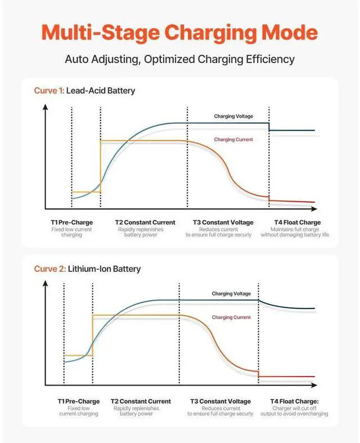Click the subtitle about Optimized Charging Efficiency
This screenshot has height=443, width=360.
pos(180,59)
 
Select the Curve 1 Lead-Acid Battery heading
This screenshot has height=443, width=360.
pos(84,91)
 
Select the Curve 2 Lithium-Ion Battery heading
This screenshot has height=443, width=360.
pos(87,269)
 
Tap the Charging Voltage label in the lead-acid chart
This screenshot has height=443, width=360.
pos(233,117)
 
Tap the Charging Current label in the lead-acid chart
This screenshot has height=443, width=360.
pos(233,140)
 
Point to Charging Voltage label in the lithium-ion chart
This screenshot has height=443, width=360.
pos(231,294)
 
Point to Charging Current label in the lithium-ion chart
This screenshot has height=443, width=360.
pos(231,317)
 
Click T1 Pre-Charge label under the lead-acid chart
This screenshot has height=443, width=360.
pos(71,222)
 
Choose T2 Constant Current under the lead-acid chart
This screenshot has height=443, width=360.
pos(145,222)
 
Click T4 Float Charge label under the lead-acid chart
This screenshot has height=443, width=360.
pos(297,222)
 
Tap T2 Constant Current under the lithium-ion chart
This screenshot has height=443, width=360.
pos(141,401)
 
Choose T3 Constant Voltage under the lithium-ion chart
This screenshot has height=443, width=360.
pos(220,401)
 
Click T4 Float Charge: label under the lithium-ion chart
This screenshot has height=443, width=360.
pos(295,401)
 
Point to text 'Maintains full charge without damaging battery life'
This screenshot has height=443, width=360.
pos(295,232)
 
